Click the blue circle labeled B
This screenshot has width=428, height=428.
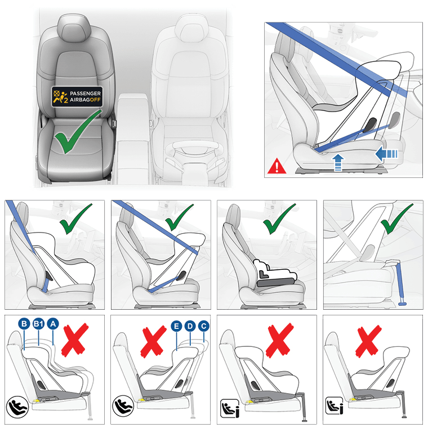click(x=24, y=324)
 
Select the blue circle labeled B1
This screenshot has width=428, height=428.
click(x=38, y=324)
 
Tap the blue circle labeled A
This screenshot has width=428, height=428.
click(x=53, y=324)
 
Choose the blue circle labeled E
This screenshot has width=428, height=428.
click(x=176, y=326)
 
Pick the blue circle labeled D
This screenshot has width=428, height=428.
click(x=190, y=326)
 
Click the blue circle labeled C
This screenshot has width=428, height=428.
click(x=204, y=326)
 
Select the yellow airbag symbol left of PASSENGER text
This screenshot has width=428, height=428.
click(x=60, y=97)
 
